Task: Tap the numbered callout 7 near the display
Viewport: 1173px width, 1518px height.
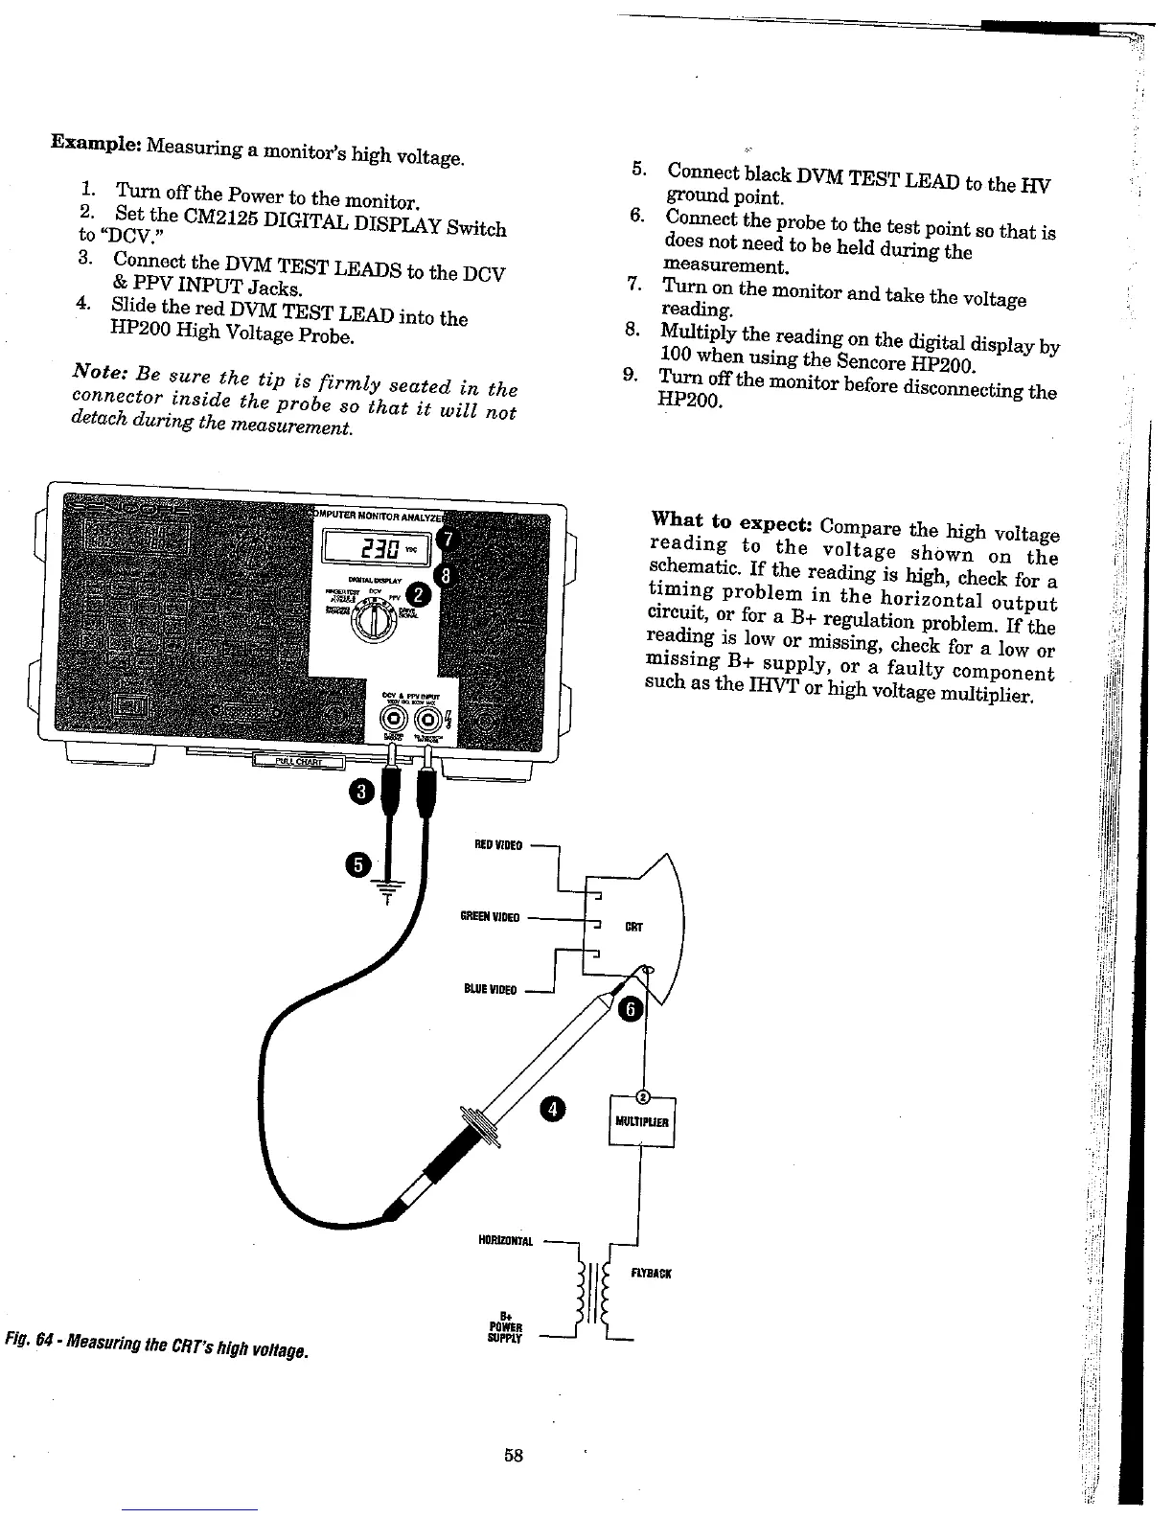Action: click(x=445, y=540)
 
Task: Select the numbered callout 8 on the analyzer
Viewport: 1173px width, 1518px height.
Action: click(x=445, y=574)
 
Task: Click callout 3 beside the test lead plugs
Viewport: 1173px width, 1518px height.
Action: click(x=362, y=792)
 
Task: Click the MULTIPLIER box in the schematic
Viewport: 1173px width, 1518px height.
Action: click(x=642, y=1122)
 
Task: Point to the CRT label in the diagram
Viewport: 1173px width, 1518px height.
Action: click(x=633, y=927)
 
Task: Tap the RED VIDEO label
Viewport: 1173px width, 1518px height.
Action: click(x=498, y=845)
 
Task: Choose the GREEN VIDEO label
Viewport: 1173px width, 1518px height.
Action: click(x=490, y=917)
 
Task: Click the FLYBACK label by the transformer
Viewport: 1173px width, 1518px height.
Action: click(x=651, y=1274)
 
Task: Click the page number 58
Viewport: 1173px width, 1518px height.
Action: click(x=513, y=1455)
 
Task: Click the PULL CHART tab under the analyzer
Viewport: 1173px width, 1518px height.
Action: click(x=297, y=761)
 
